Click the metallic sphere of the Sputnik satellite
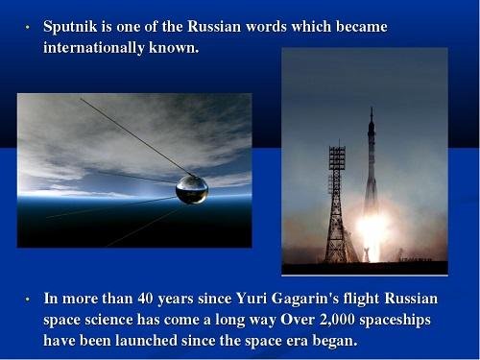pos(192,188)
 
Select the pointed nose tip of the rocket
pos(372,110)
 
